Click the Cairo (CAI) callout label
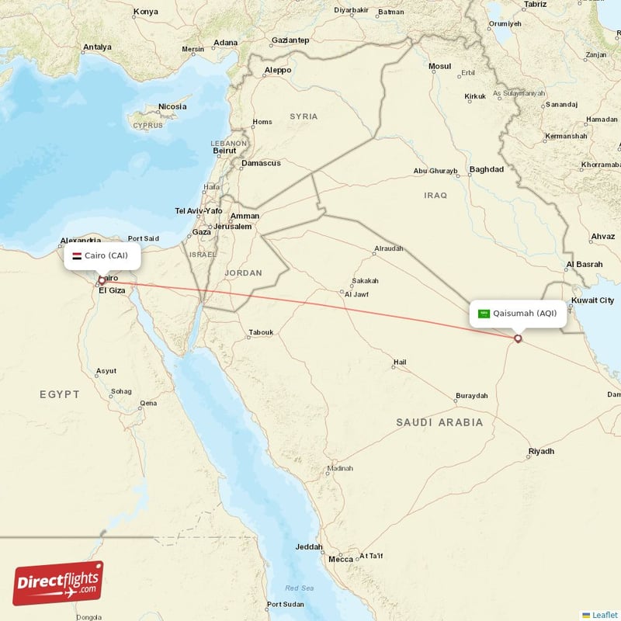(x=102, y=255)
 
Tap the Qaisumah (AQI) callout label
(x=517, y=314)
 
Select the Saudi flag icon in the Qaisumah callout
(x=484, y=314)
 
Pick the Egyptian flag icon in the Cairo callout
(x=77, y=255)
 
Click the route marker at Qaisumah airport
(x=519, y=338)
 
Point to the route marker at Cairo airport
(x=102, y=280)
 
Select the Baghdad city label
(x=487, y=169)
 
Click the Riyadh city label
(x=541, y=451)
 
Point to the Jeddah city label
(x=309, y=546)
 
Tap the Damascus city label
(x=261, y=163)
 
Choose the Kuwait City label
(x=592, y=300)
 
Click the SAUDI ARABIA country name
(x=439, y=422)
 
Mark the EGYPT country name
(x=60, y=394)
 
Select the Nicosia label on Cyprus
(x=172, y=106)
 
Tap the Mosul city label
(x=439, y=66)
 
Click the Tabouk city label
(x=261, y=332)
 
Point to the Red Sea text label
(x=299, y=588)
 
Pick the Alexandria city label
(x=80, y=241)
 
